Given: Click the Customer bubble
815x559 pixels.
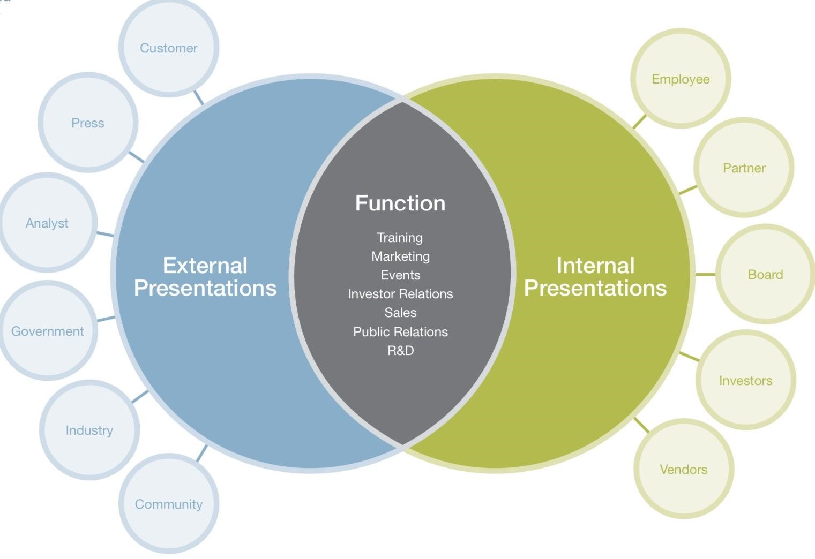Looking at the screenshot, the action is [x=169, y=48].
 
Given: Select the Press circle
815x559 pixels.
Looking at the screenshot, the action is [x=88, y=123].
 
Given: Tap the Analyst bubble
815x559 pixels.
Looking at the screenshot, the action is [x=47, y=222].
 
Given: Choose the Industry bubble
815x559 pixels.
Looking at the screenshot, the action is [x=89, y=430].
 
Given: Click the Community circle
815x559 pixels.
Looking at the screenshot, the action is [x=169, y=503].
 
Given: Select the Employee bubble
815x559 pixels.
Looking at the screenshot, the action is [x=681, y=79].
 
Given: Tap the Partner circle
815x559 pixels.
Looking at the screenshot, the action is [x=744, y=168].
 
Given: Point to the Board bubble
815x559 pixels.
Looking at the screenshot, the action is [x=766, y=274].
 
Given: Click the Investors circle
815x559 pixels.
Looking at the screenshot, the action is [x=746, y=380].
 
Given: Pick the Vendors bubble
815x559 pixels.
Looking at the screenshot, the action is [x=684, y=469].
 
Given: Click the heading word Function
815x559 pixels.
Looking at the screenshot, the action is [x=400, y=203].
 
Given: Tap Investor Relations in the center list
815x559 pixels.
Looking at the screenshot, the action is [x=401, y=293].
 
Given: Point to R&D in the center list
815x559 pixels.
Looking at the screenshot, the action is [x=401, y=350].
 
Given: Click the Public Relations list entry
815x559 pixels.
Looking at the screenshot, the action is [x=401, y=332].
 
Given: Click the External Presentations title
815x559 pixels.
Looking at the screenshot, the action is [x=205, y=277].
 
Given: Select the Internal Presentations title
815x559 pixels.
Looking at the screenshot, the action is [x=595, y=277].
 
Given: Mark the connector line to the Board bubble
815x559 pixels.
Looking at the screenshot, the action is [x=706, y=274].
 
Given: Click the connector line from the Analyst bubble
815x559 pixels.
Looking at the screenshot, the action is [x=105, y=234].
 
